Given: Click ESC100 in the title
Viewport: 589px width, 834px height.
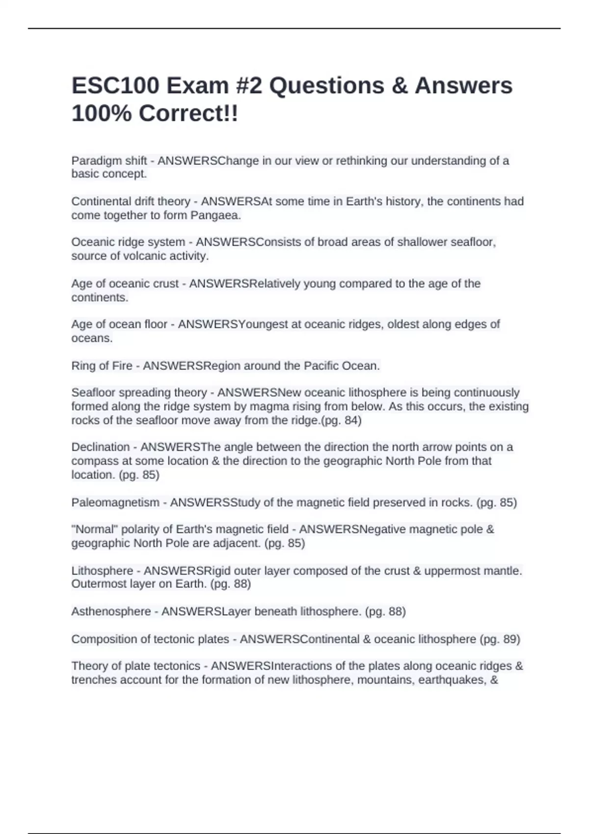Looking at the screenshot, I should (115, 86).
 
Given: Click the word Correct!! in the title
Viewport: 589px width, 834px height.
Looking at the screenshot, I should (188, 114).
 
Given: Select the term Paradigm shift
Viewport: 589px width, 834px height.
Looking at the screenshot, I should (109, 161).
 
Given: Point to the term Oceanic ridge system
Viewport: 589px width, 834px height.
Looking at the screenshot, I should (128, 242).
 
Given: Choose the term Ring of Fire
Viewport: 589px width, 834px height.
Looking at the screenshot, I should (102, 366).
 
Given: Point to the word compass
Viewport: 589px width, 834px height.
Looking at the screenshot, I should (94, 461).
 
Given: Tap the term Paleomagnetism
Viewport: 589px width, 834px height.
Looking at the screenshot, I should (115, 503).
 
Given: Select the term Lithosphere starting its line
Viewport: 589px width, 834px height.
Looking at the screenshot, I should (102, 571).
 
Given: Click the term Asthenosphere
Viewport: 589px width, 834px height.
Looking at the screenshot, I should (111, 612).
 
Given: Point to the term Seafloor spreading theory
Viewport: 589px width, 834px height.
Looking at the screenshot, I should (139, 393).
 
